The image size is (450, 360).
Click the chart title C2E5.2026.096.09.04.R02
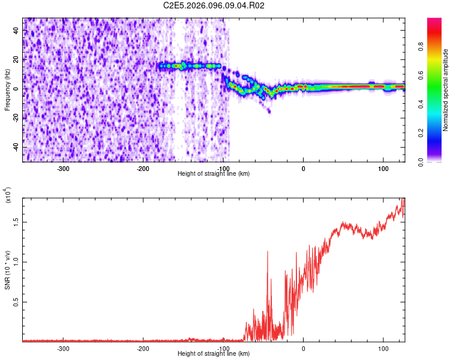click(214, 5)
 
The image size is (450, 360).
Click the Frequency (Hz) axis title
click(8, 90)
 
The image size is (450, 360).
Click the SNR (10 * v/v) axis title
click(8, 270)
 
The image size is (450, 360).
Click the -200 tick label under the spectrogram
click(143, 168)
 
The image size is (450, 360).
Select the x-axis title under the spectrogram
click(214, 174)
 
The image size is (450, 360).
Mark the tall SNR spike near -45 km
click(268, 252)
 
